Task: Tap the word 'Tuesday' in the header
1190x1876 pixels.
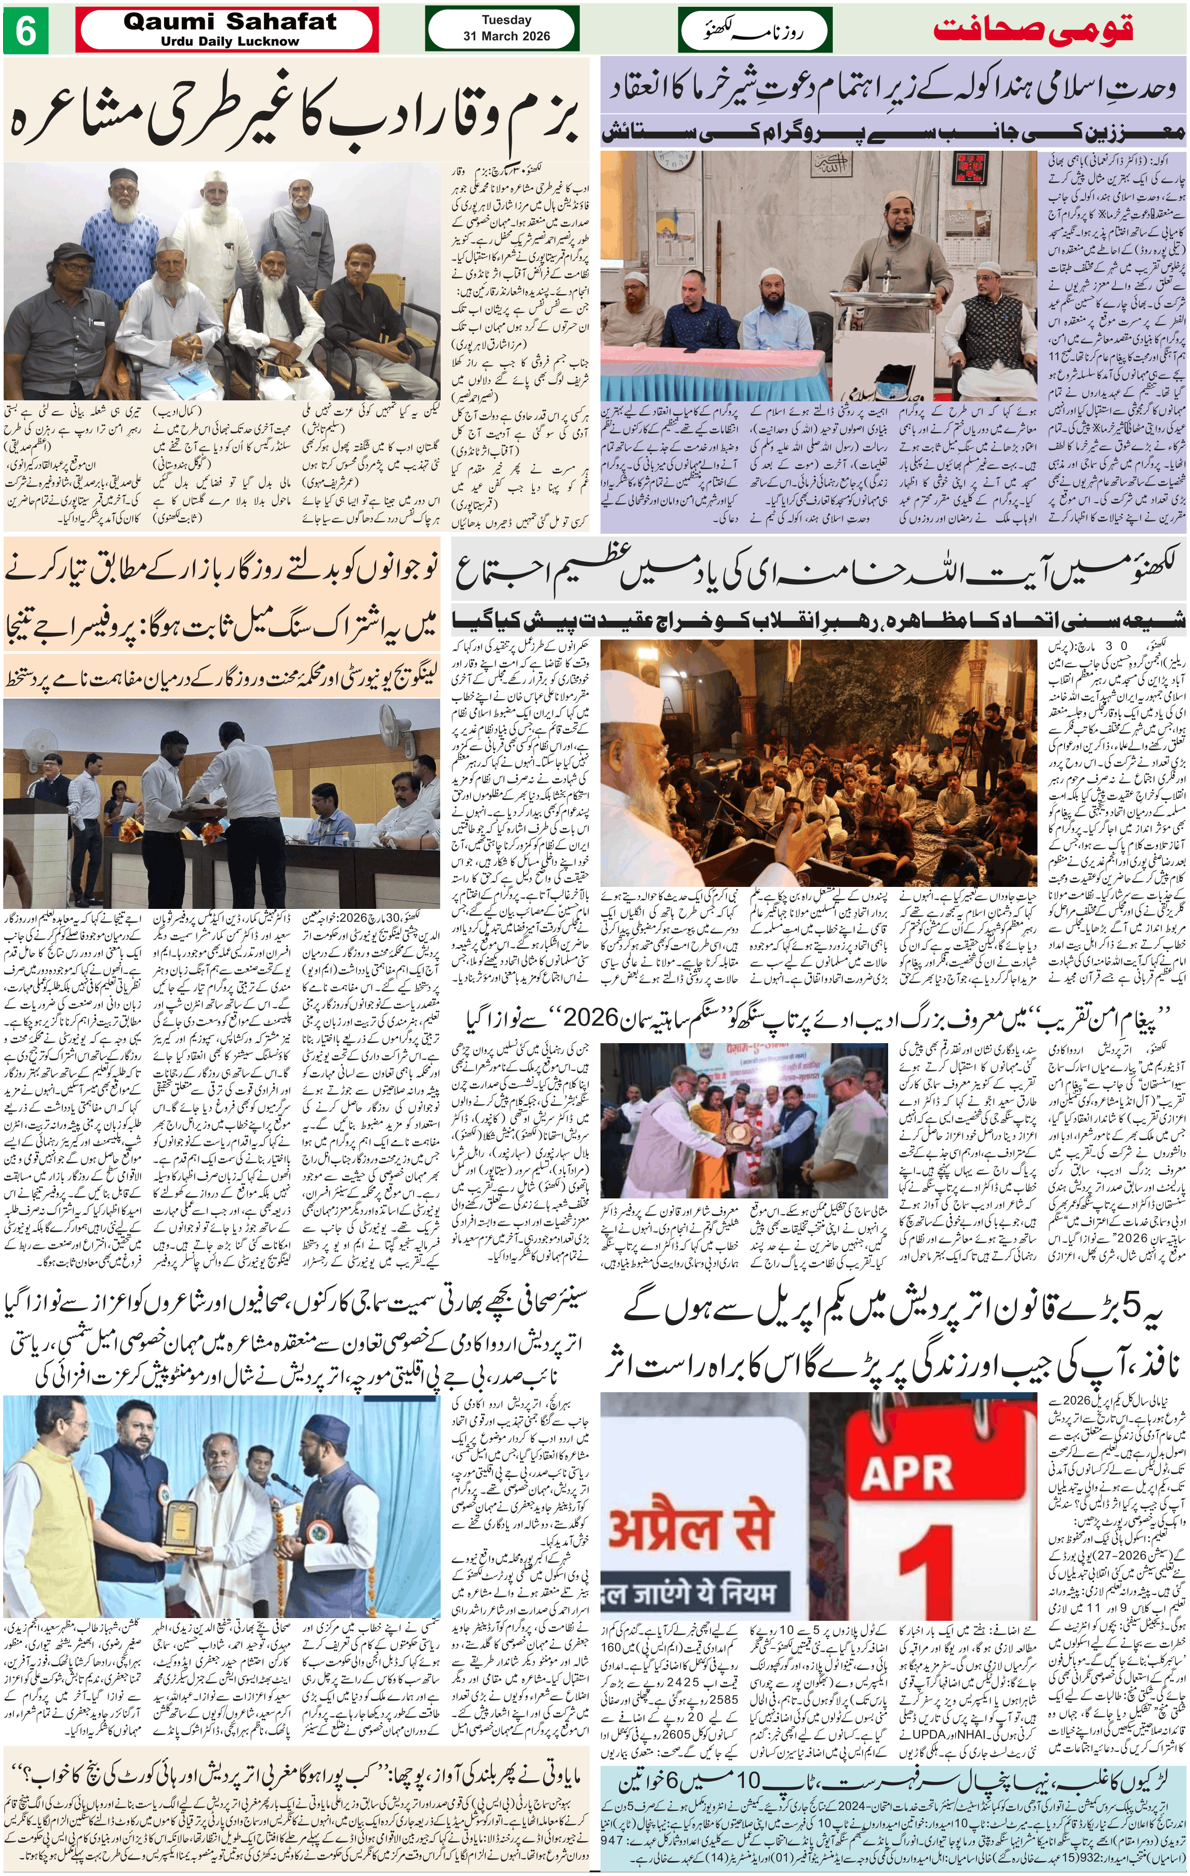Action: (506, 20)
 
